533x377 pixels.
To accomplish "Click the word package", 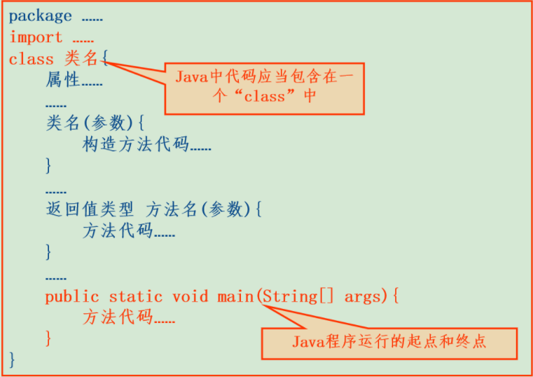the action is (x=41, y=16).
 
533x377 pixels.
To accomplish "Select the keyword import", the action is (x=36, y=37).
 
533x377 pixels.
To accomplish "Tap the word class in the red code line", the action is (x=32, y=60).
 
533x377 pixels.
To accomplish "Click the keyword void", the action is (x=191, y=296).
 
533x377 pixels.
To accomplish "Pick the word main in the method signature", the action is (x=235, y=296).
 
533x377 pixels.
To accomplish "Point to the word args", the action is (x=363, y=296).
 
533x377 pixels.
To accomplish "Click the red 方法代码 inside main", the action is (x=118, y=317).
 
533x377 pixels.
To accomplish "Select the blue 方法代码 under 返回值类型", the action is (x=118, y=231).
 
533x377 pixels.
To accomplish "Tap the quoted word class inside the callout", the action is (x=265, y=96).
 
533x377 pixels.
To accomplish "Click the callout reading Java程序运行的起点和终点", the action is (x=389, y=342).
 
